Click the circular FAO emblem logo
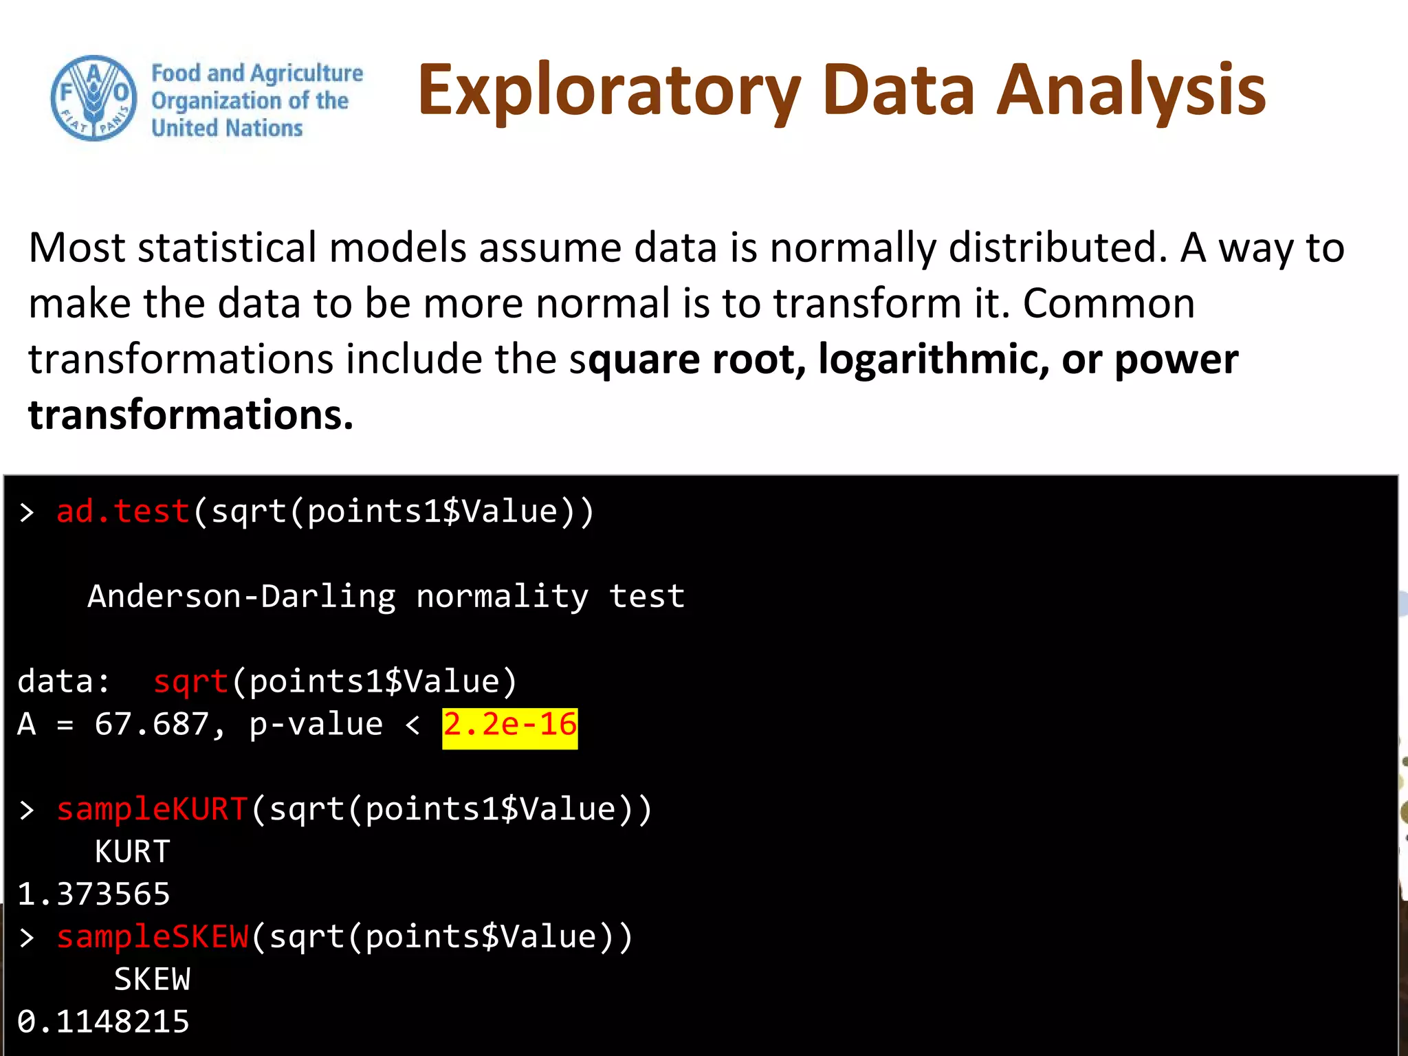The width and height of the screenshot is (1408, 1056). coord(93,98)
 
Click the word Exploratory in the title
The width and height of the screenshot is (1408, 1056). coord(608,91)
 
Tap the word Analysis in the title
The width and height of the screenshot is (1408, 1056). coord(1130,91)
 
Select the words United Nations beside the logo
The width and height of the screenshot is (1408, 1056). coord(227,128)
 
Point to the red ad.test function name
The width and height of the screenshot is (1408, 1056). coord(122,512)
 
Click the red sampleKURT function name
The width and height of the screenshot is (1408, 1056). coord(152,810)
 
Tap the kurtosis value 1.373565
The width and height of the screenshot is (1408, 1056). coord(93,894)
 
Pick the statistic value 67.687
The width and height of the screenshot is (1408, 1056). coord(151,725)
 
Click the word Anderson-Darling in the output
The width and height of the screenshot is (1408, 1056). coord(241,597)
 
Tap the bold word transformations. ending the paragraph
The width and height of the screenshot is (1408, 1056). coord(190,415)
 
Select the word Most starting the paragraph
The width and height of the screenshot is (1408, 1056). coord(77,248)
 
